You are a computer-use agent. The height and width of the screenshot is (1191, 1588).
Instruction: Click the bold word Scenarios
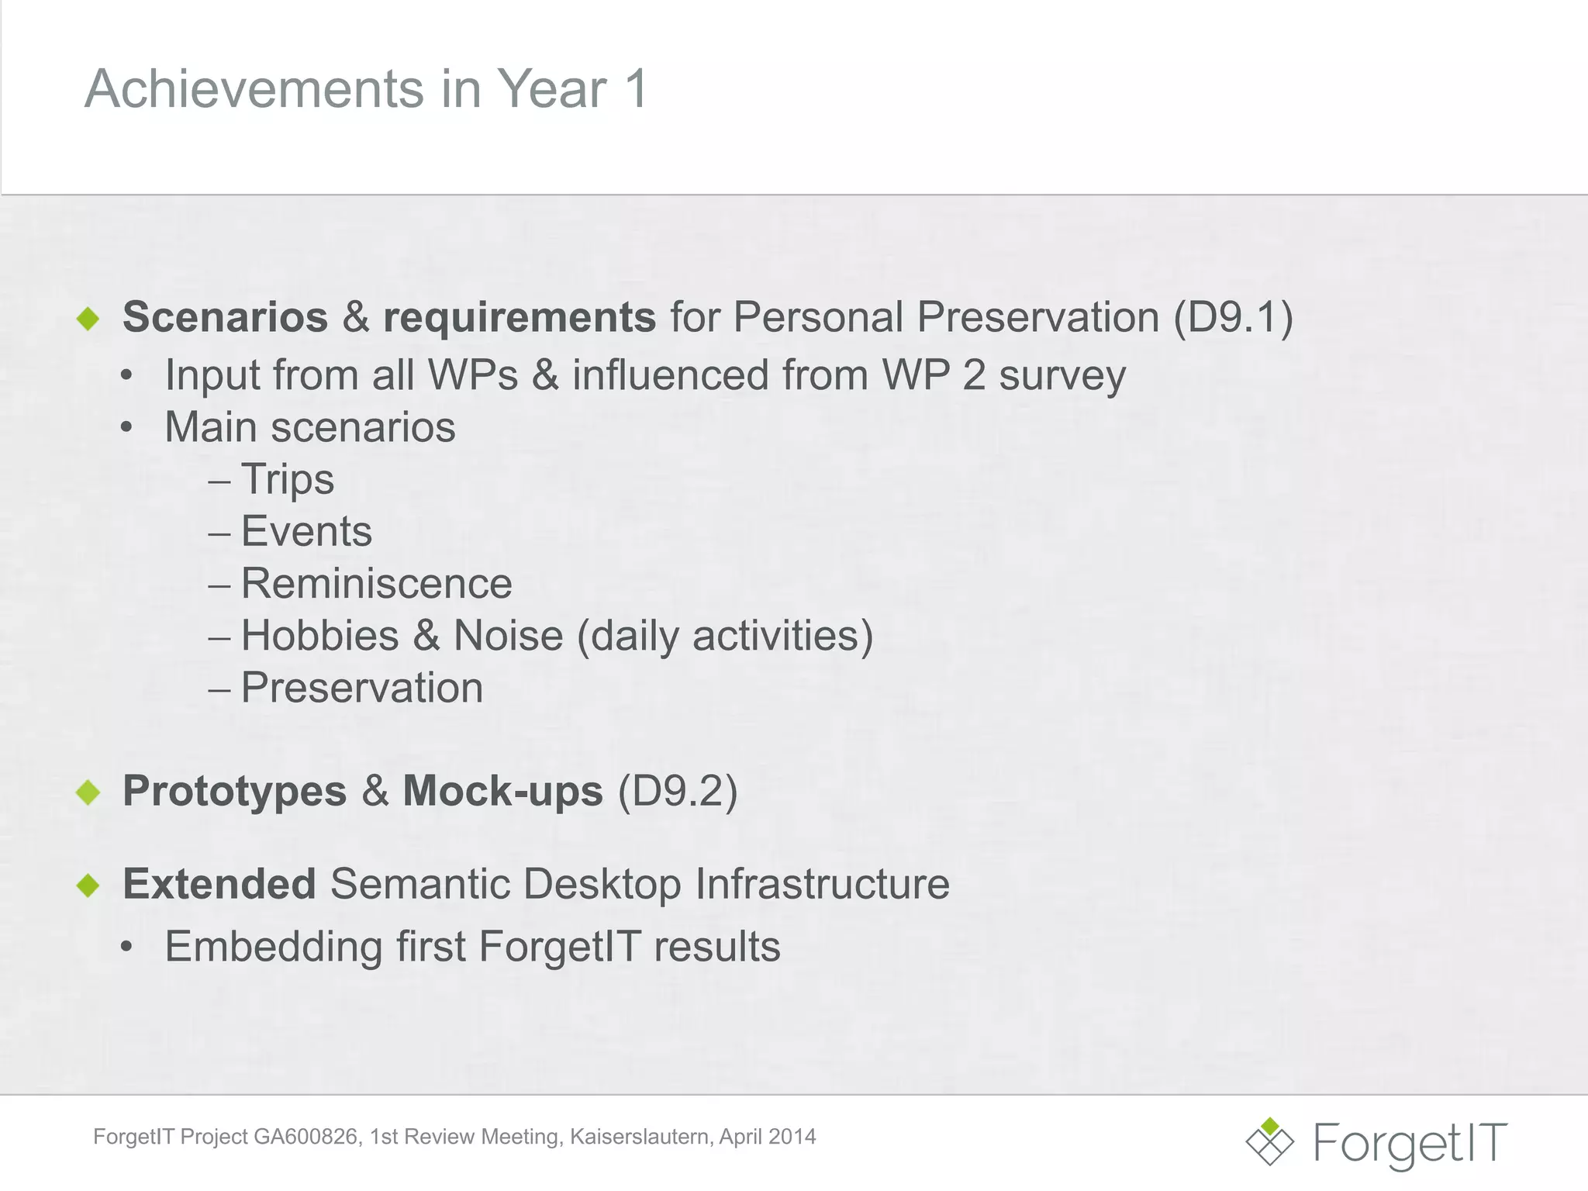click(225, 317)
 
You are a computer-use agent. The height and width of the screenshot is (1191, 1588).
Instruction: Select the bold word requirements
click(520, 317)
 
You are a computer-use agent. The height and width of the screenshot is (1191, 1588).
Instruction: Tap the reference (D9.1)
click(1233, 317)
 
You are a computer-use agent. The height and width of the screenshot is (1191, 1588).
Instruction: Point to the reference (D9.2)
click(677, 791)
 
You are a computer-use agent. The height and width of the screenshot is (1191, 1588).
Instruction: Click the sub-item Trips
click(288, 479)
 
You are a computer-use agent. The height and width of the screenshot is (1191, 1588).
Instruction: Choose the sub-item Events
click(306, 531)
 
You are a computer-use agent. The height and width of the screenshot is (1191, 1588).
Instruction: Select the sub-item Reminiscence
click(376, 583)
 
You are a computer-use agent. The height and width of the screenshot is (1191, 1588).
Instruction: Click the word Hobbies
click(319, 636)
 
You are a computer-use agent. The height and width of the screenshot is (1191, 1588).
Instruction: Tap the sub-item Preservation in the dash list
click(362, 688)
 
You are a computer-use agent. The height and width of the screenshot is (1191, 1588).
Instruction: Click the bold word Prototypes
click(234, 791)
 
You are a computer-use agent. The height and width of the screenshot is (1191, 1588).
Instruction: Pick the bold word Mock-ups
click(502, 791)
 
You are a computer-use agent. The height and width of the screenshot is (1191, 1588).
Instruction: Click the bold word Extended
click(219, 884)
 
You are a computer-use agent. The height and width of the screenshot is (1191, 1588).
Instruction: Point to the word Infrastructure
click(822, 884)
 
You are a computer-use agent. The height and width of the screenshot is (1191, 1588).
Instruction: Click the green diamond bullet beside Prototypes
click(88, 792)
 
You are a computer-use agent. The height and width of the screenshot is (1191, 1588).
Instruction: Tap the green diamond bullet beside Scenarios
click(88, 318)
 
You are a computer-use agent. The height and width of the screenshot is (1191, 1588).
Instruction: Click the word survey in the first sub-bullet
click(1062, 376)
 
